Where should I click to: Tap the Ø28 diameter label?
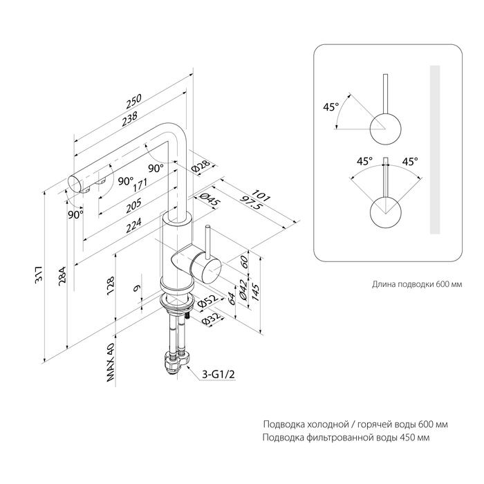(x=201, y=166)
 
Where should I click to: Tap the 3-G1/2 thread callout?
(x=217, y=375)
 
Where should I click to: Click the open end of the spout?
(x=74, y=184)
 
